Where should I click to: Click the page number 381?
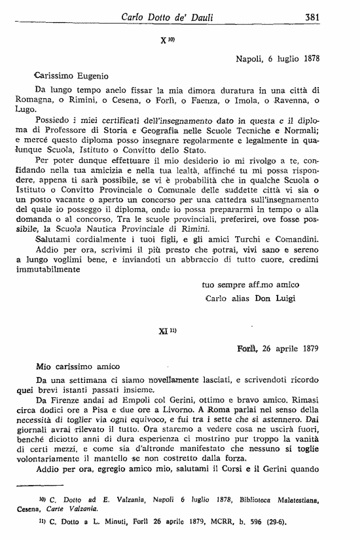312,18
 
